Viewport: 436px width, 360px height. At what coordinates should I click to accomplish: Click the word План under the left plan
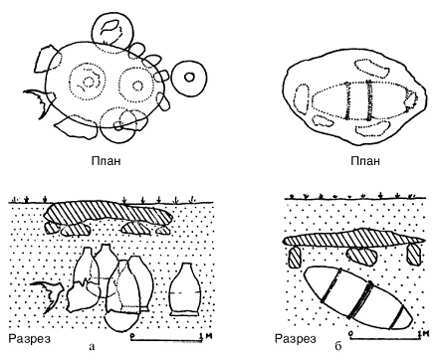(106, 161)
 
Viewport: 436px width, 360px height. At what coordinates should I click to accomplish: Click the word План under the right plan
(365, 161)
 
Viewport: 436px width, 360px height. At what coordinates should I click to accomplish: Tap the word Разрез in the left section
(30, 339)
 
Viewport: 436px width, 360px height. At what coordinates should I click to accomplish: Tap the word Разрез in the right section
(296, 339)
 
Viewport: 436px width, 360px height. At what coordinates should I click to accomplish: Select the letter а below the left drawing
(93, 347)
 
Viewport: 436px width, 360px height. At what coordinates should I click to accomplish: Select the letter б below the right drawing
(338, 346)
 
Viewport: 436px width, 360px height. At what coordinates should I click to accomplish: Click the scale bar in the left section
(166, 339)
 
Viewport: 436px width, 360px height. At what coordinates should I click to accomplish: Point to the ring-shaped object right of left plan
(173, 79)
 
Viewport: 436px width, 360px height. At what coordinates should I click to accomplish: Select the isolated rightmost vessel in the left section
(185, 289)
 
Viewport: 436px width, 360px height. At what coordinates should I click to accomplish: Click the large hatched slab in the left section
(109, 214)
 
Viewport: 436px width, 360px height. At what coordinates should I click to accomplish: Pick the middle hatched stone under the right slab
(361, 257)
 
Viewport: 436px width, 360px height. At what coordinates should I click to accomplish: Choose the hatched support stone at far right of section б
(413, 255)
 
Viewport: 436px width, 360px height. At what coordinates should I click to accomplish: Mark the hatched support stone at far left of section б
(295, 258)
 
